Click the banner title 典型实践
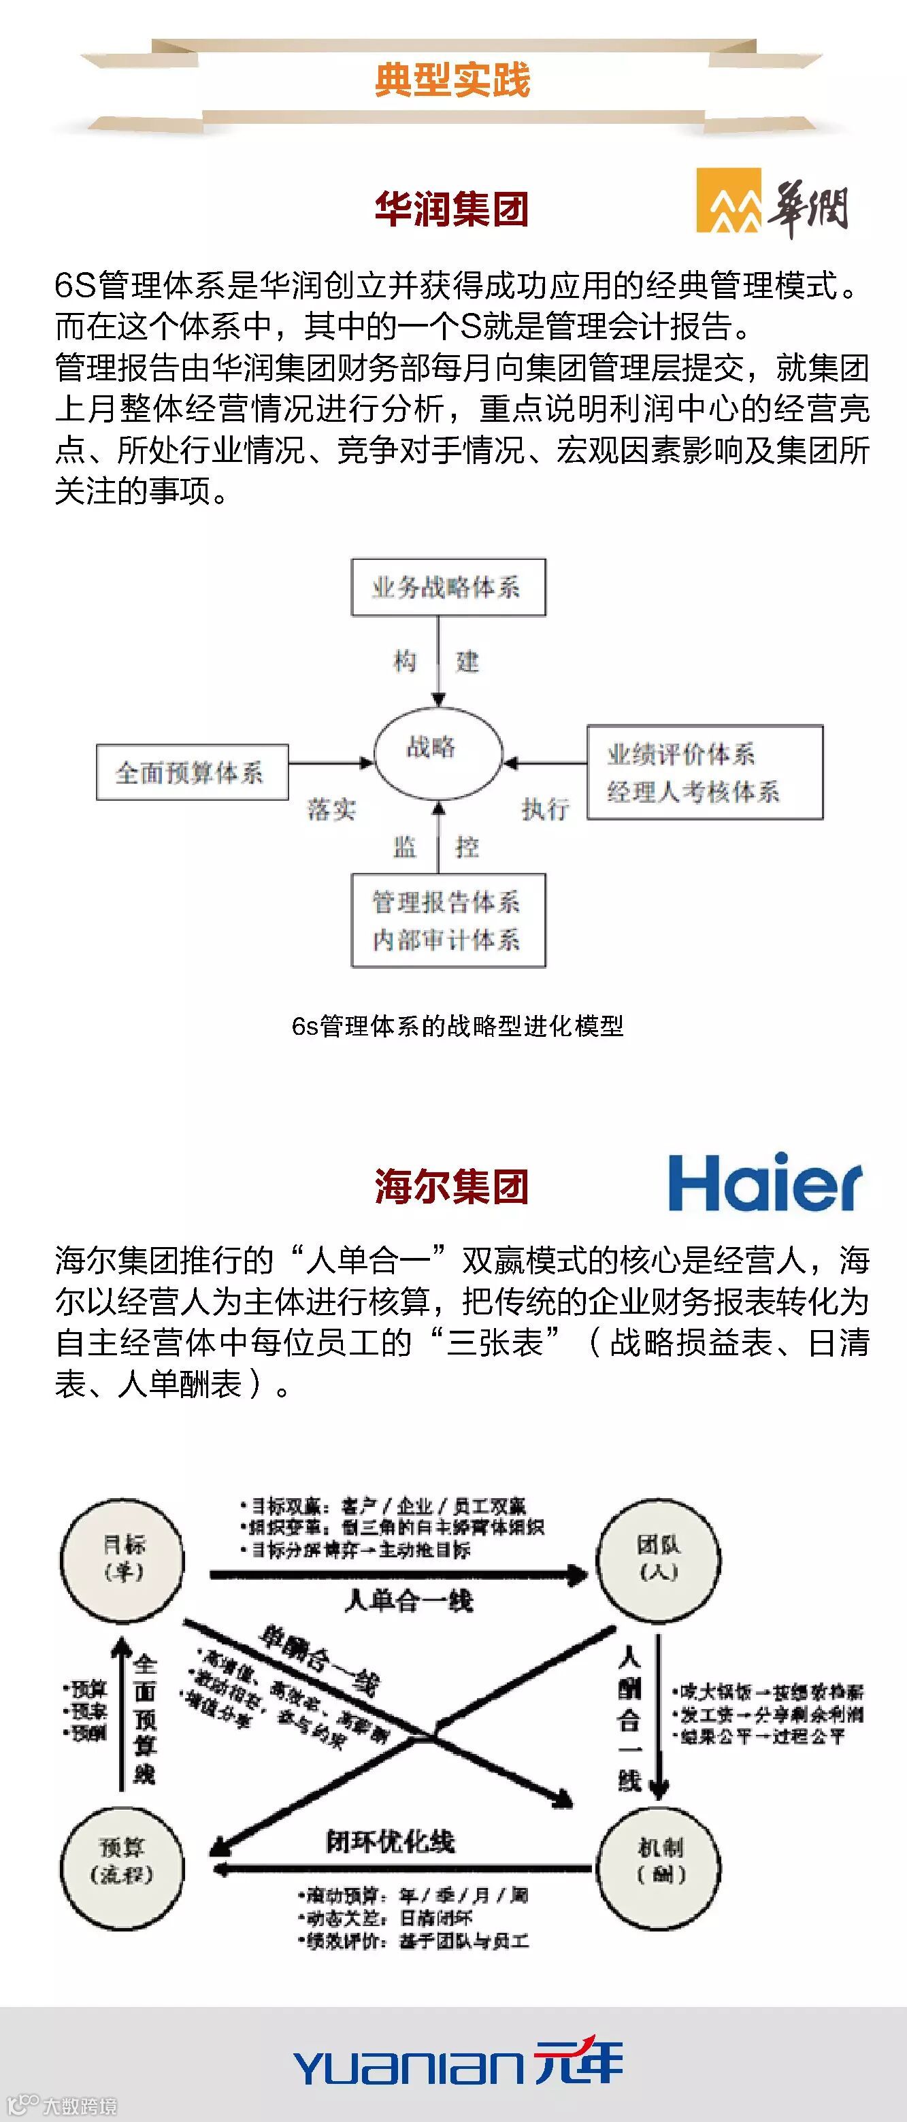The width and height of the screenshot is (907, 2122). [452, 80]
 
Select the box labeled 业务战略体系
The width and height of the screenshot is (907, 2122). [448, 587]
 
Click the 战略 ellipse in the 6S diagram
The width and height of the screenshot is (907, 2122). [438, 751]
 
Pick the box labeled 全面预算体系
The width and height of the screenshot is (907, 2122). [192, 772]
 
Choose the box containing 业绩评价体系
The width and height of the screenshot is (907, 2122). [704, 772]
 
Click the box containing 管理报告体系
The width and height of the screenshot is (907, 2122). [448, 920]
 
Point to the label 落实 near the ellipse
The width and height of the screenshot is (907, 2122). [331, 809]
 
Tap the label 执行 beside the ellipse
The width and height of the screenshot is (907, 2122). [545, 809]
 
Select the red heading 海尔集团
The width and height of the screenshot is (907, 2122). [451, 1187]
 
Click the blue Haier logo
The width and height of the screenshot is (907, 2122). [765, 1183]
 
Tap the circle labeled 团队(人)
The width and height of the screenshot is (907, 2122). [658, 1559]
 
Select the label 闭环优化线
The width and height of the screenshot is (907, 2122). [391, 1842]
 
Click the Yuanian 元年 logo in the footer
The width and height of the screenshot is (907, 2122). [458, 2063]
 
